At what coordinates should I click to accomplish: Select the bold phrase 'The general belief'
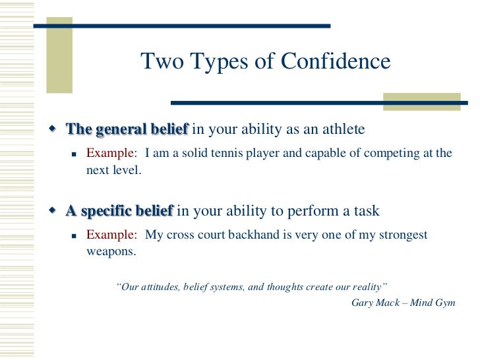[x=127, y=129]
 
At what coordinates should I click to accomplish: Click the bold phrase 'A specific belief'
[x=119, y=212]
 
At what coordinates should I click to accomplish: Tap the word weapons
[x=110, y=251]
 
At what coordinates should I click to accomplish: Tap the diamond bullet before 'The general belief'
[x=54, y=129]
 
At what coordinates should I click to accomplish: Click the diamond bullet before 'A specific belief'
[x=54, y=211]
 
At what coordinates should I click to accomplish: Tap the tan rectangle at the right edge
[x=421, y=102]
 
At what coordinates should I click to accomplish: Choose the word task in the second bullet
[x=368, y=212]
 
